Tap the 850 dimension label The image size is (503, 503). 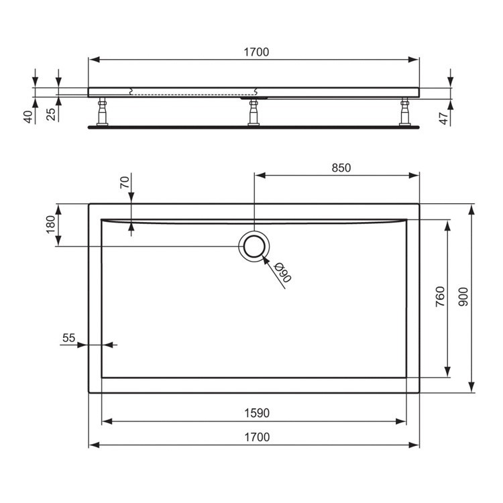point(341,168)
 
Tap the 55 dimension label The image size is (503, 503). point(68,338)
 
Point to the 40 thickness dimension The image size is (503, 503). point(27,115)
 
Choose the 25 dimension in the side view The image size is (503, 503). point(51,115)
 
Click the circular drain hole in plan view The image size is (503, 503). point(254,246)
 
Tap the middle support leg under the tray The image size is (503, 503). point(254,113)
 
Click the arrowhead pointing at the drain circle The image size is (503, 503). point(267,260)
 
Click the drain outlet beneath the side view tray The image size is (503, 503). point(254,98)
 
